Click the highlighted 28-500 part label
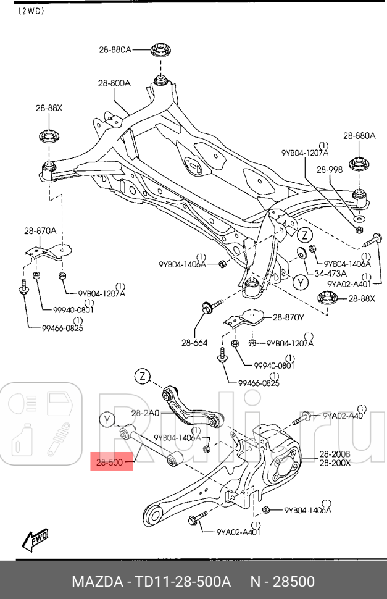[112, 461]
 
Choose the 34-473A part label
[331, 273]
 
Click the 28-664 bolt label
[194, 343]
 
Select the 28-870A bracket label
[40, 231]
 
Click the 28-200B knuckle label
[335, 454]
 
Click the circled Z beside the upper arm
[143, 376]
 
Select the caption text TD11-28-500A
[186, 582]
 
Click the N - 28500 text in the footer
[282, 582]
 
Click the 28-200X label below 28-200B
[335, 463]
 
